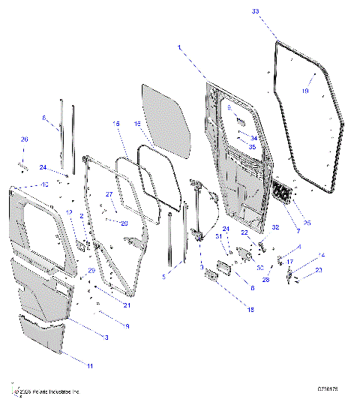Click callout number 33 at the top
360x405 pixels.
point(277,12)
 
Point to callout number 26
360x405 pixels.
point(24,139)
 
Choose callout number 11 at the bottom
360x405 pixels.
point(111,365)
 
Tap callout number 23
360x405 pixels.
point(318,270)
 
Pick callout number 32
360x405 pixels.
point(275,227)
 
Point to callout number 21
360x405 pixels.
point(127,305)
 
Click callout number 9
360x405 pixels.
point(127,326)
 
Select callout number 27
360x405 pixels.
point(108,194)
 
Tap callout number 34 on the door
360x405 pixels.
point(253,138)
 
